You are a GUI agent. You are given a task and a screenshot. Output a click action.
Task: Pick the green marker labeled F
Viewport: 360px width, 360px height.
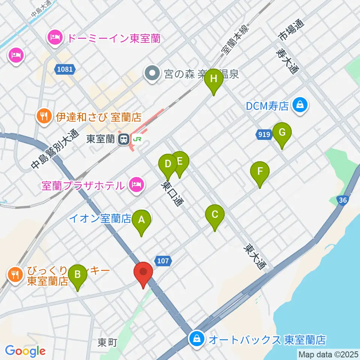(260, 172)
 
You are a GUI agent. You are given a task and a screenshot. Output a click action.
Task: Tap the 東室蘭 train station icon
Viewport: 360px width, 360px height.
(123, 139)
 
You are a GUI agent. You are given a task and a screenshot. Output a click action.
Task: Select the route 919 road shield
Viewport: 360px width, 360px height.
(265, 134)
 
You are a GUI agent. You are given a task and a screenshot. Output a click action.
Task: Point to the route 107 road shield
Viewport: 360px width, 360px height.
(162, 260)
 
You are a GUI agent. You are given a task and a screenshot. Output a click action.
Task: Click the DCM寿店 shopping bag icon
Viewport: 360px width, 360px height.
(300, 105)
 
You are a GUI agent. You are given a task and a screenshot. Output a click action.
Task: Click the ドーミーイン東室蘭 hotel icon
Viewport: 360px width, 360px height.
(55, 37)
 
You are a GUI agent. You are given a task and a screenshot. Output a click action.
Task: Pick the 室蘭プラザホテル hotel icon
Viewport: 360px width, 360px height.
(135, 184)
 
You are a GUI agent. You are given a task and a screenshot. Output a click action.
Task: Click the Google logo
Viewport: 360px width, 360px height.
(25, 351)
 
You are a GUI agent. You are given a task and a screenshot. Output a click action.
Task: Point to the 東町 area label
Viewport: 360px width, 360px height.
(108, 342)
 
